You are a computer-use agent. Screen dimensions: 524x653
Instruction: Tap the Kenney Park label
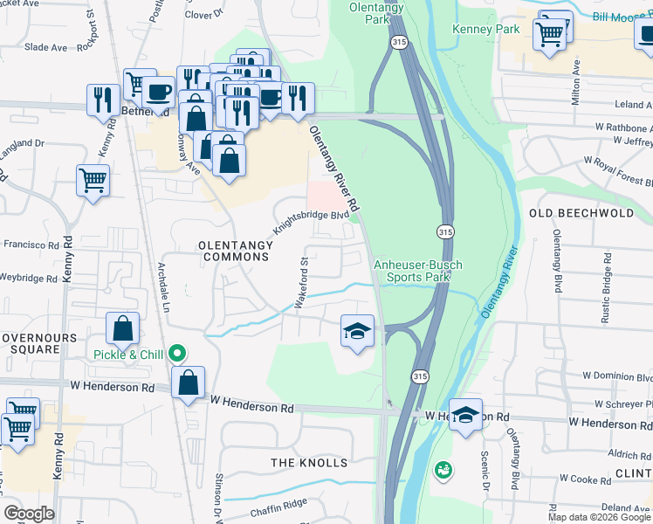485,29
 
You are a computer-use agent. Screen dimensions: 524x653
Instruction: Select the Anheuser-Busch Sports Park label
418,271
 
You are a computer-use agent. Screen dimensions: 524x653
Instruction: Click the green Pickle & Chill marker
178,354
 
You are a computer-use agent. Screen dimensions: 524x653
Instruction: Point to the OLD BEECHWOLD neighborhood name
581,213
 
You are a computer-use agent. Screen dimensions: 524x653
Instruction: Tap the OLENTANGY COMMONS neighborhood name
235,250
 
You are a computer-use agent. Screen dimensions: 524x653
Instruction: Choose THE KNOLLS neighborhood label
309,462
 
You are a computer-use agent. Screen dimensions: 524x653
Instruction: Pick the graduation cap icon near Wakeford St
357,330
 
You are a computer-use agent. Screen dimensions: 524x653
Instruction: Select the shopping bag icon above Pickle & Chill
123,328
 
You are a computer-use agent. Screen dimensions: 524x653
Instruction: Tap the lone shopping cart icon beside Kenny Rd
93,181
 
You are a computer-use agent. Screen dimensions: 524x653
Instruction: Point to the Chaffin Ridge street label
279,504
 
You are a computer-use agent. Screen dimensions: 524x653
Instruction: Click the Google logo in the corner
29,514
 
